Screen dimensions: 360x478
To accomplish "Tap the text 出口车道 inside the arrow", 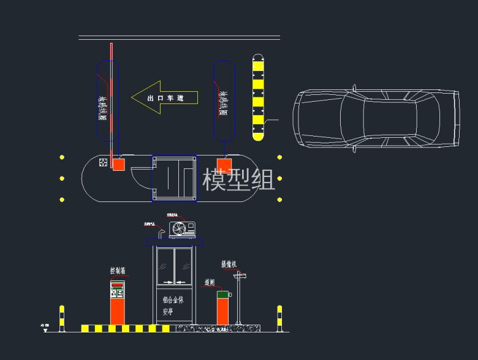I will (165, 98).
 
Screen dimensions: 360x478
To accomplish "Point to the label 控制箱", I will (118, 271).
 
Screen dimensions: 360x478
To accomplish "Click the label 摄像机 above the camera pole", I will (229, 264).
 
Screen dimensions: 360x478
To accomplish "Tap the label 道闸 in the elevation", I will (210, 283).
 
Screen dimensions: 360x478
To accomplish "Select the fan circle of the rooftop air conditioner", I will (179, 230).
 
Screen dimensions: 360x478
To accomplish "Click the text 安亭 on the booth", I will (169, 311).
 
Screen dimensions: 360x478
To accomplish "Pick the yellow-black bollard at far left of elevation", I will (61, 318).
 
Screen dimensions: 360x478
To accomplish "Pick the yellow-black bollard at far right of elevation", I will (279, 318).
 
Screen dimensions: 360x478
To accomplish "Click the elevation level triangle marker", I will (45, 329).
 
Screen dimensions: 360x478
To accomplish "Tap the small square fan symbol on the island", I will (102, 163).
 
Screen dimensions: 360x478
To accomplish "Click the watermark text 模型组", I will (239, 180).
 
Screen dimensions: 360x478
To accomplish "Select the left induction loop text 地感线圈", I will (103, 108).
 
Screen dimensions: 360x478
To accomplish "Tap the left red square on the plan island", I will (118, 164).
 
